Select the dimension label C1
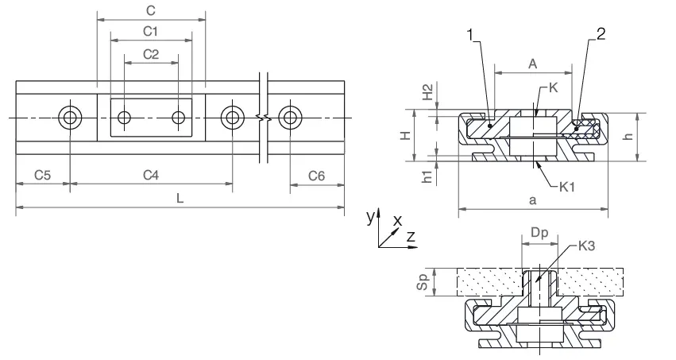pyautogui.click(x=151, y=30)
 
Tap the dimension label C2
pyautogui.click(x=151, y=53)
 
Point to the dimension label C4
pyautogui.click(x=151, y=174)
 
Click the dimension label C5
pyautogui.click(x=43, y=174)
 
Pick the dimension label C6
pyautogui.click(x=316, y=174)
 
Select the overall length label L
pyautogui.click(x=180, y=199)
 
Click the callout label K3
pyautogui.click(x=589, y=246)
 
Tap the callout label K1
pyautogui.click(x=567, y=187)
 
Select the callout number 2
pyautogui.click(x=601, y=34)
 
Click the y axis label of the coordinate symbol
pyautogui.click(x=369, y=216)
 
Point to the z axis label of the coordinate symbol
pyautogui.click(x=411, y=237)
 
